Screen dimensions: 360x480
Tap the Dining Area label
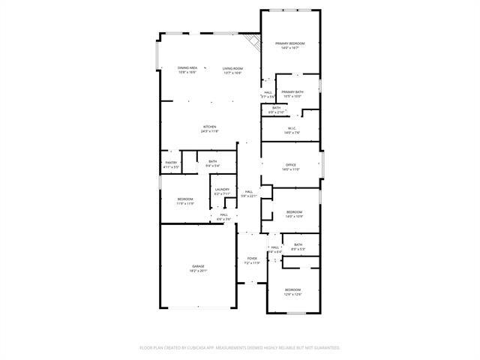pos(187,68)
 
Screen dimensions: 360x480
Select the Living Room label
pos(232,68)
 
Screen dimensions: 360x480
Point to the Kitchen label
pos(210,126)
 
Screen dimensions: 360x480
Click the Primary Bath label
pos(292,92)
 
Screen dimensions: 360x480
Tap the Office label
pos(291,165)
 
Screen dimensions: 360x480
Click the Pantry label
pos(172,162)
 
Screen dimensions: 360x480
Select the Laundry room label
pos(221,189)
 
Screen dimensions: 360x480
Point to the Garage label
pos(198,266)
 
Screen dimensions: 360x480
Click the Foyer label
pos(252,259)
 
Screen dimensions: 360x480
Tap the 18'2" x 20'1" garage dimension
pos(198,271)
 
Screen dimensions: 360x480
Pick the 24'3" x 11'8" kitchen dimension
pos(210,131)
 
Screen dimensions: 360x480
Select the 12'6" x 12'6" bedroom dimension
pos(292,294)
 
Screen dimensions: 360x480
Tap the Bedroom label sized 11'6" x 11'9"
pos(185,199)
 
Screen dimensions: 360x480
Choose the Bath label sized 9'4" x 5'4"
pos(212,161)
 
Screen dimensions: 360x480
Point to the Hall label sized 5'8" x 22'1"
pos(249,191)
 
